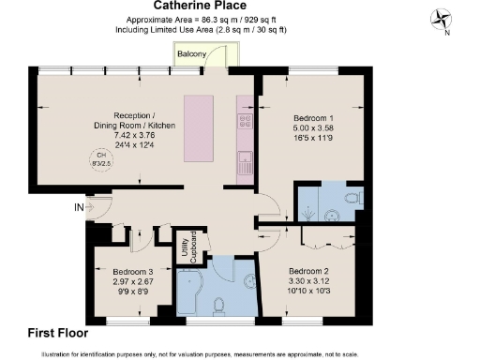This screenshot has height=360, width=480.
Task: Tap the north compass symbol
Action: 441,19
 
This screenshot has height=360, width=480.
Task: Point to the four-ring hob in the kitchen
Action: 246,121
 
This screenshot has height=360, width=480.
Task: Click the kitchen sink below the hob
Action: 245,158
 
